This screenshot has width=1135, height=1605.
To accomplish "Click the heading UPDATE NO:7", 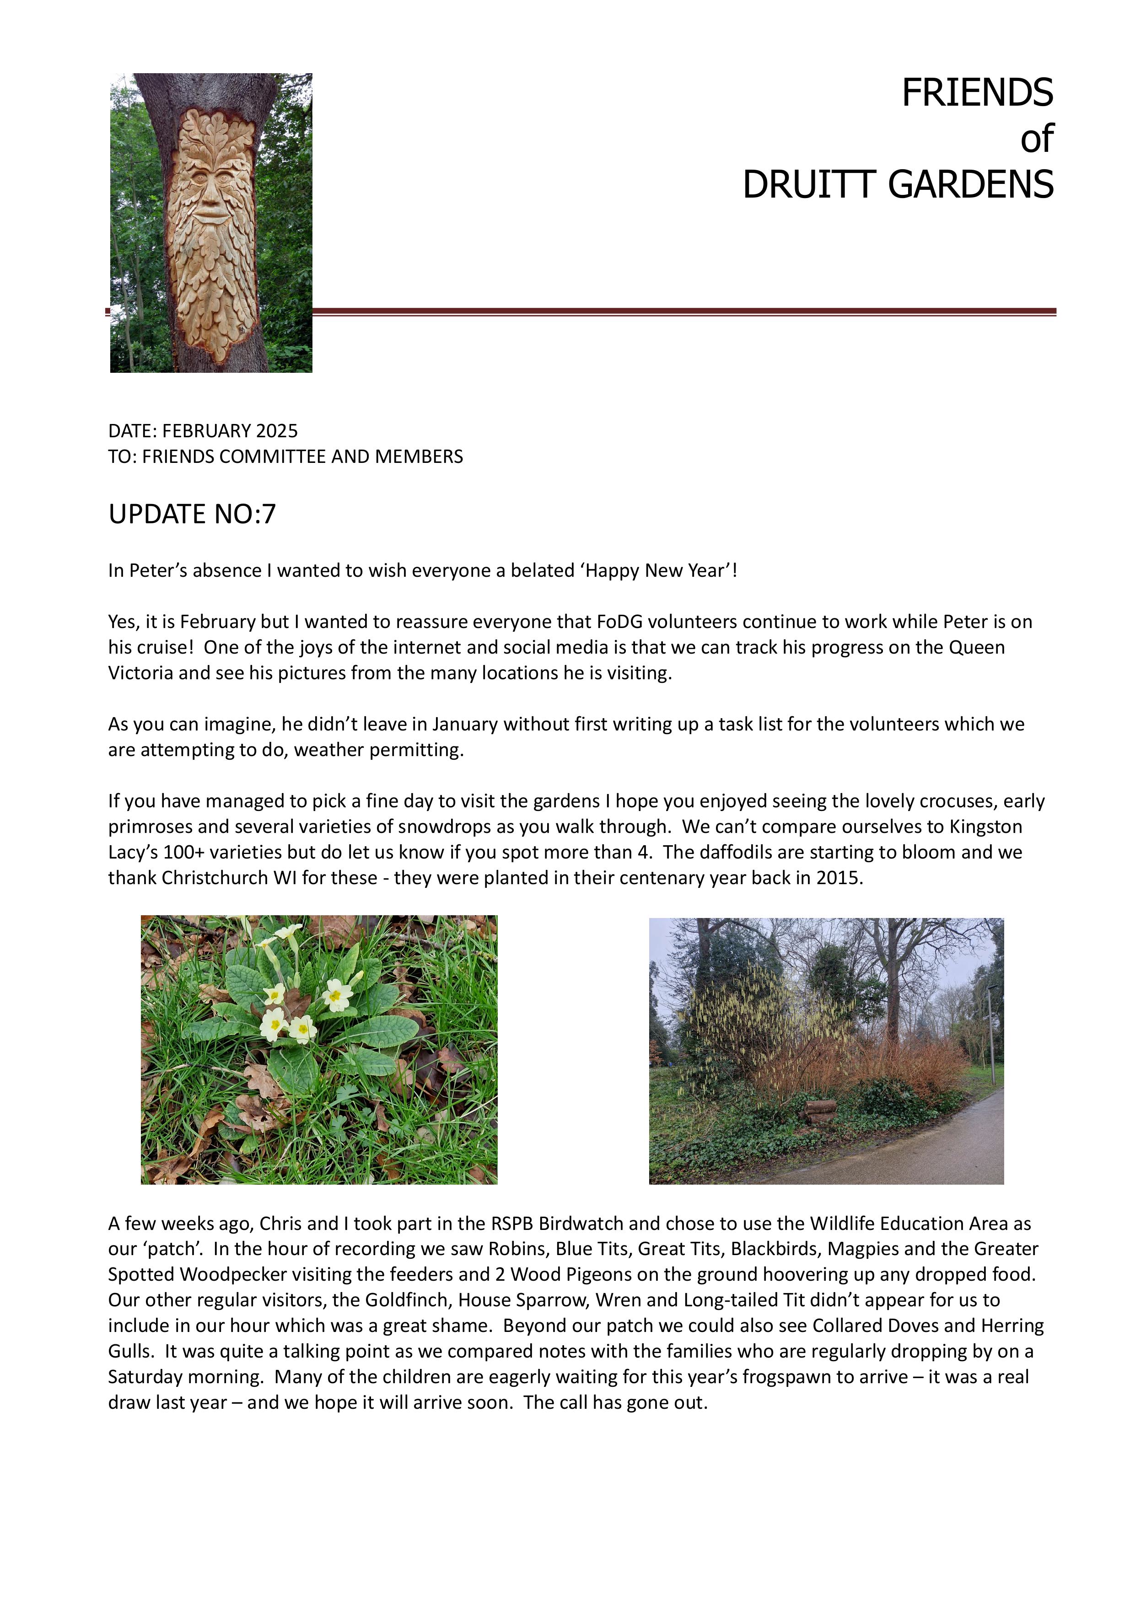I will pyautogui.click(x=192, y=515).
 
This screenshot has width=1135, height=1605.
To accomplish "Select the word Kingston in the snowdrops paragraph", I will pyautogui.click(x=985, y=827).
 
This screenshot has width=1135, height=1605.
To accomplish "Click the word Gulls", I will pyautogui.click(x=129, y=1351).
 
